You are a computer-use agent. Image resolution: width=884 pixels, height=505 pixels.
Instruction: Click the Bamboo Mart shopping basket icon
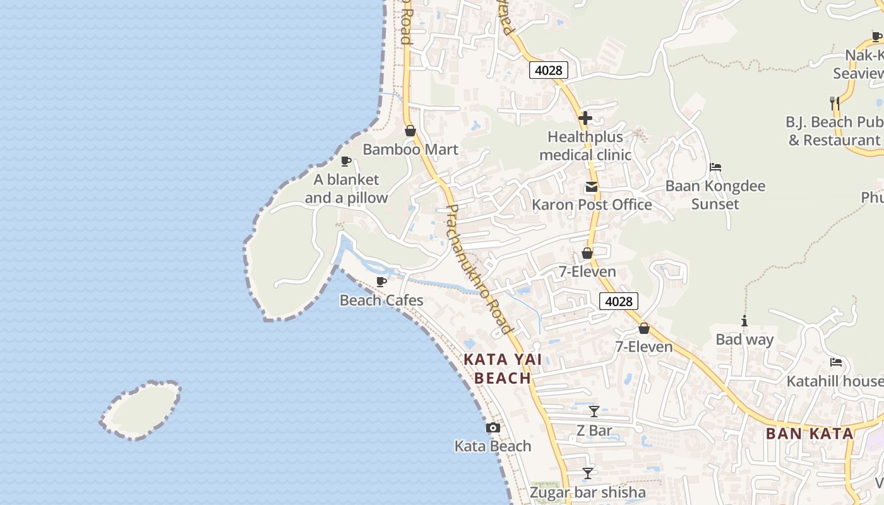coord(410,131)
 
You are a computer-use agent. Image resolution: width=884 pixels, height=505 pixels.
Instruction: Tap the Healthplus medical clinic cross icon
coord(585,117)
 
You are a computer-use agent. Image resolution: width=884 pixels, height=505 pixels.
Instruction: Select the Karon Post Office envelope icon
coord(592,187)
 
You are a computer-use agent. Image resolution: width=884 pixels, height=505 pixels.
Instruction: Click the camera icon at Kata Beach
coord(493,427)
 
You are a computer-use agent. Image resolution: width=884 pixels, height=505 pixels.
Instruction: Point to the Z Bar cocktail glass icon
coord(594,412)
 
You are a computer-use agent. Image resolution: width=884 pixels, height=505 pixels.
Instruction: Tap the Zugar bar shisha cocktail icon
coord(588,473)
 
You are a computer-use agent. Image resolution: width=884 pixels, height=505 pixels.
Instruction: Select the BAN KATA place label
coord(809,434)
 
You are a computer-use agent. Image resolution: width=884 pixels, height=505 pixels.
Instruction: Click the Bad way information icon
coord(744,321)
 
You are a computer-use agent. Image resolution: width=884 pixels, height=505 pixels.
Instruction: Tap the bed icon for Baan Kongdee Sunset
coord(715,167)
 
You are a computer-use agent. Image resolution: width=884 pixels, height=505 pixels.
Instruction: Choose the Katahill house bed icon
coord(836,362)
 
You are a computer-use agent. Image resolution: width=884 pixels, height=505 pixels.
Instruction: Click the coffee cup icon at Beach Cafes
coord(381,282)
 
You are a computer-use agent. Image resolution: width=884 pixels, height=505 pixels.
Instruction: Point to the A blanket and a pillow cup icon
coord(346,161)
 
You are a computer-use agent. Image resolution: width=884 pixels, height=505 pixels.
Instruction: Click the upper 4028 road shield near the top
coord(548,70)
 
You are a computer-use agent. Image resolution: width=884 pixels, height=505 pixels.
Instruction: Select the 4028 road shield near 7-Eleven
coord(618,301)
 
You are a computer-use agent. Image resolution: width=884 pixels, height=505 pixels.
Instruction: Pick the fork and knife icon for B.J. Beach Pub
coord(835,103)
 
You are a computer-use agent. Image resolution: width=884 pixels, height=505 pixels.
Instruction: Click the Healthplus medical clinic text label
coord(585,146)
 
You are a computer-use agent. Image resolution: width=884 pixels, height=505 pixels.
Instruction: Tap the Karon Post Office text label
coord(592,205)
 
